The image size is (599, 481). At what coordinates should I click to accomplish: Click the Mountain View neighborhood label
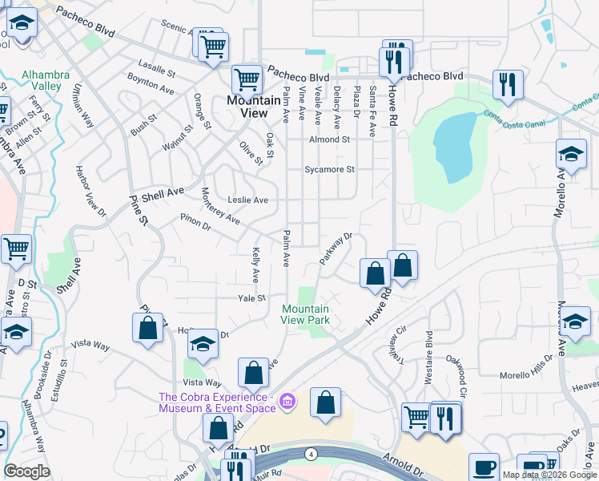point(248,107)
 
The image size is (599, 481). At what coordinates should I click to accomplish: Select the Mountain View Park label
point(305,314)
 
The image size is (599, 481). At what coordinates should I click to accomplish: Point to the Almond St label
point(330,139)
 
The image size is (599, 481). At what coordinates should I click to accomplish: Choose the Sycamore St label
point(329,170)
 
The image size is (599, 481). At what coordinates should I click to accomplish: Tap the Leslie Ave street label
point(247,200)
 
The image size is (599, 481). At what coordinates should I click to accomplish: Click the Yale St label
point(251,297)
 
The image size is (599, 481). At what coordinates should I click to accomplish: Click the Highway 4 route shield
point(309,454)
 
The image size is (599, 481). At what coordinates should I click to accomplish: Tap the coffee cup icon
point(483,467)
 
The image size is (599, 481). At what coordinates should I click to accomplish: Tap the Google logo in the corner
point(27,471)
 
